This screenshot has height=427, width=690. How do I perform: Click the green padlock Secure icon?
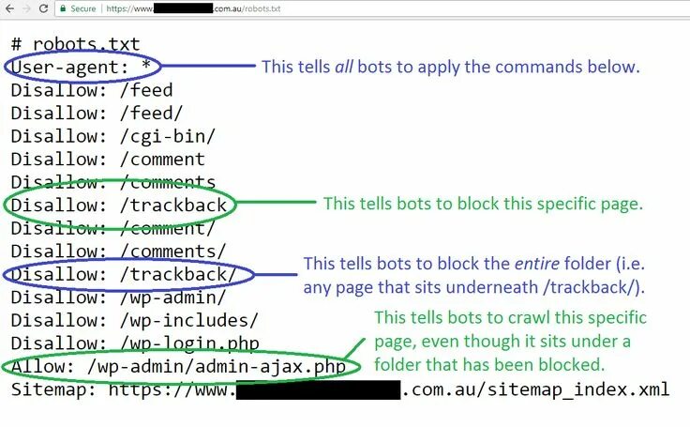(x=62, y=9)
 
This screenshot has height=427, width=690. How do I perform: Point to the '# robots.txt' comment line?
(x=75, y=44)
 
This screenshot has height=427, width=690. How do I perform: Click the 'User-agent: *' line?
(x=82, y=67)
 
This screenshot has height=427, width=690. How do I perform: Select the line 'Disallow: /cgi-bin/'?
(x=113, y=136)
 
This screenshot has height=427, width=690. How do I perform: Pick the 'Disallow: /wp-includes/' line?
(x=134, y=320)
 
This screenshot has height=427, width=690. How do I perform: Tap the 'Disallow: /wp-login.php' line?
(x=135, y=343)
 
